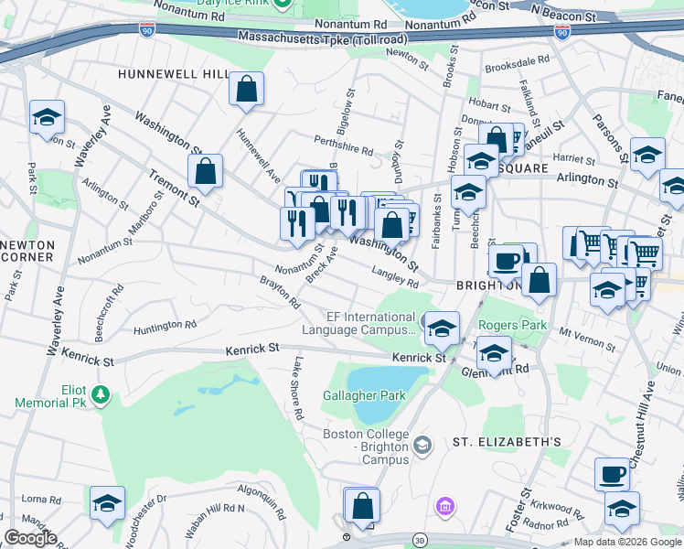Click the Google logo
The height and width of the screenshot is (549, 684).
[x=30, y=538]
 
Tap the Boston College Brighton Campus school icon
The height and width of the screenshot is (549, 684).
[x=422, y=446]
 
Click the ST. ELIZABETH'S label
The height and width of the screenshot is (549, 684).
[x=507, y=441]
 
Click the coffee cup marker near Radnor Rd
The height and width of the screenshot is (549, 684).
[x=612, y=475]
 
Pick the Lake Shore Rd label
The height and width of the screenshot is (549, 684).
[x=297, y=390]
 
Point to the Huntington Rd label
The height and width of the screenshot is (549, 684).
[x=165, y=326]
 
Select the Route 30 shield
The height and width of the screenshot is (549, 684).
[x=420, y=541]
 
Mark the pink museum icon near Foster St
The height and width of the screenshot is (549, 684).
[x=445, y=505]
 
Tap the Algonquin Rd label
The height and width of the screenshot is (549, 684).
[x=243, y=495]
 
